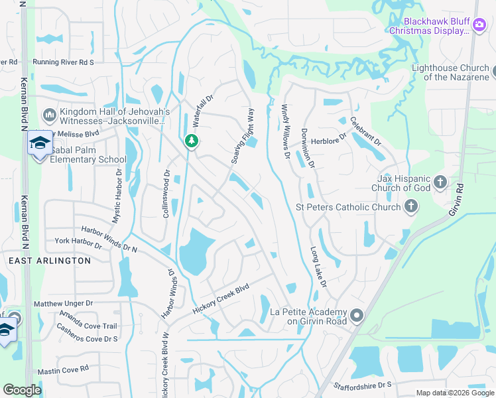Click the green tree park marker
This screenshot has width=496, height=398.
pos(192,141)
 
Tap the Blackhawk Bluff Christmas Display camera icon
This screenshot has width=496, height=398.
pos(479,25)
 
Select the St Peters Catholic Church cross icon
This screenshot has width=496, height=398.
pos(411,207)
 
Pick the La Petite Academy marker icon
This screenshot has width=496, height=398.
pos(357,316)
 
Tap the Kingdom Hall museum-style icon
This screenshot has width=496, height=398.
pos(49,116)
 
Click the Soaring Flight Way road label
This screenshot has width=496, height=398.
pos(243,137)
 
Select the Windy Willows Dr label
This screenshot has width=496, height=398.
pos(286,131)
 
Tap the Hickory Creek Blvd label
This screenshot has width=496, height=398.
pos(221,300)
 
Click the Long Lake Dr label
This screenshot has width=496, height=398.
pos(319,267)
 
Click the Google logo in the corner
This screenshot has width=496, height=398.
pos(22,389)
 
